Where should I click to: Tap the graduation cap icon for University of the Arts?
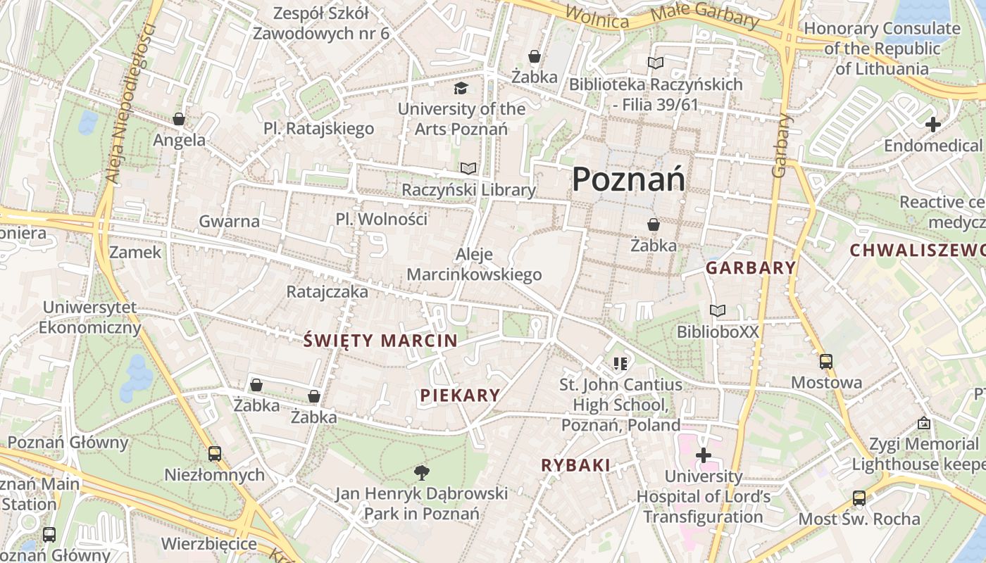tap(461, 88)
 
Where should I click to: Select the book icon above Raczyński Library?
tap(468, 168)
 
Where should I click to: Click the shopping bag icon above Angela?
tap(179, 119)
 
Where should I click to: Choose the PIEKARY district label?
tap(460, 396)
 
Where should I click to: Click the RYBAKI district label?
tap(575, 465)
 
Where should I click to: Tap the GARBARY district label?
tap(751, 268)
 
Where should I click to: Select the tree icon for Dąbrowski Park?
tap(421, 472)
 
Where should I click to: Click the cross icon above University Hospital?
tap(703, 455)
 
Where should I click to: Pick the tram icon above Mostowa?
tap(826, 362)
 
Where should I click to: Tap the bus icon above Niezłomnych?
tap(215, 454)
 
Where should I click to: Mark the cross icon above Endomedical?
tap(933, 125)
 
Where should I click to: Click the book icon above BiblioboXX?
tap(718, 310)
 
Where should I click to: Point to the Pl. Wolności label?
tap(382, 219)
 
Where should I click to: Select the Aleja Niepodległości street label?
tap(131, 104)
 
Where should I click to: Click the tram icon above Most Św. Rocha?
tap(859, 498)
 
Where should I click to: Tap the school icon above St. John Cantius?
tap(620, 364)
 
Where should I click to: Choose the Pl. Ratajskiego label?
tap(319, 129)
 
